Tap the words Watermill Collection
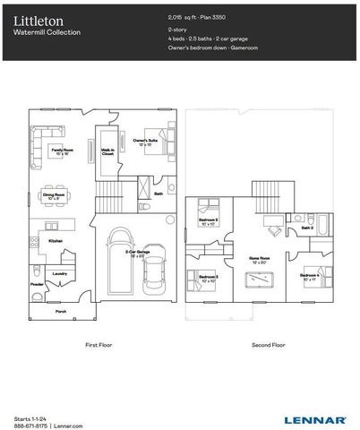click(47, 32)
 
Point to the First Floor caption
click(97, 344)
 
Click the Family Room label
click(62, 150)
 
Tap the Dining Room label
click(55, 194)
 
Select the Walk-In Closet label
click(107, 152)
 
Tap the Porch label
click(61, 311)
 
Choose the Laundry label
click(61, 273)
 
